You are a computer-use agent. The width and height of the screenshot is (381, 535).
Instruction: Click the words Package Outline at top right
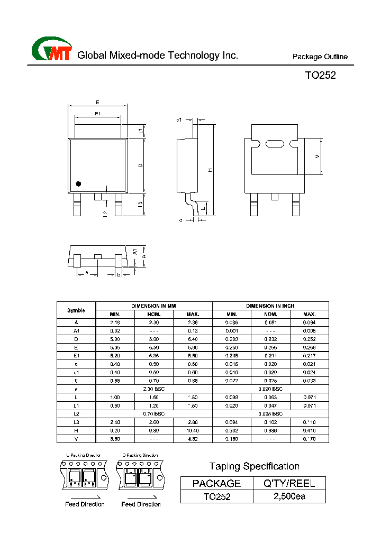tap(320, 57)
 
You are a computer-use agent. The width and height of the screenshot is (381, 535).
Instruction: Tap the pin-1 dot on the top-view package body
tap(78, 184)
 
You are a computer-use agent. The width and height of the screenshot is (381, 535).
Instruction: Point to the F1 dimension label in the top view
tap(98, 114)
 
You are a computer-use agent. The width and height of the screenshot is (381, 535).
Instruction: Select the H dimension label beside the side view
tap(210, 170)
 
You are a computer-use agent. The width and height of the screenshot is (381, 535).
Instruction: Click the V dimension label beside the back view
tap(317, 156)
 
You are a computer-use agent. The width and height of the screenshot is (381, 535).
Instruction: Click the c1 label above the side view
tap(179, 120)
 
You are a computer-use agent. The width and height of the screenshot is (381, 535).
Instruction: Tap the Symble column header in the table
tap(76, 310)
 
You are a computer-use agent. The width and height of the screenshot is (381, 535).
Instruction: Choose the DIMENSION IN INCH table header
tap(270, 306)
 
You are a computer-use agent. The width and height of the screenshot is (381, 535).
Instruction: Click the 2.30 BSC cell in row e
tap(154, 389)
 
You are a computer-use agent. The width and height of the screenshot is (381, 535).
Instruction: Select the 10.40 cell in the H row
tap(193, 430)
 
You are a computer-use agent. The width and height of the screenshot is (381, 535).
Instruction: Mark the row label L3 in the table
tap(76, 422)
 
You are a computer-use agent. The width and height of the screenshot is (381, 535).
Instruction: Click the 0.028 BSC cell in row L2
tap(270, 413)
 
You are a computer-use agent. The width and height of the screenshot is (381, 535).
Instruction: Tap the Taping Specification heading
tap(254, 466)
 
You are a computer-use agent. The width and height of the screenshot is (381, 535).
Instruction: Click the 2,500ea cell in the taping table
tap(289, 496)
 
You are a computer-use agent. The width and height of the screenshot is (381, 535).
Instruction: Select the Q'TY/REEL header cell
tap(289, 483)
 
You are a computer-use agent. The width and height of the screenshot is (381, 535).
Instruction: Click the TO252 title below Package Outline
tap(320, 75)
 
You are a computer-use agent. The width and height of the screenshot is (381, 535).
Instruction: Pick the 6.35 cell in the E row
tap(115, 347)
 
